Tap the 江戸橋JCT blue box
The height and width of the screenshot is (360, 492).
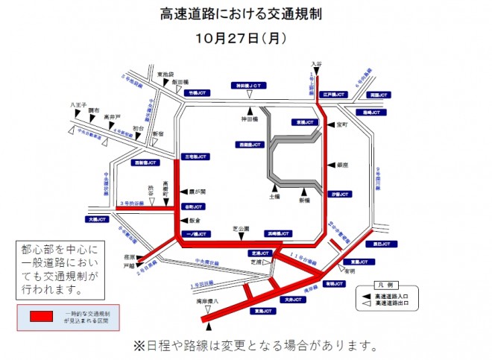click(x=335, y=95)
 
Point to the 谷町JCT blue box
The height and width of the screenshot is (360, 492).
click(x=192, y=206)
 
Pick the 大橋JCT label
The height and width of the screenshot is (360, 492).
click(x=97, y=221)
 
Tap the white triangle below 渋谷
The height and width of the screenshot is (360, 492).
click(x=151, y=202)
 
